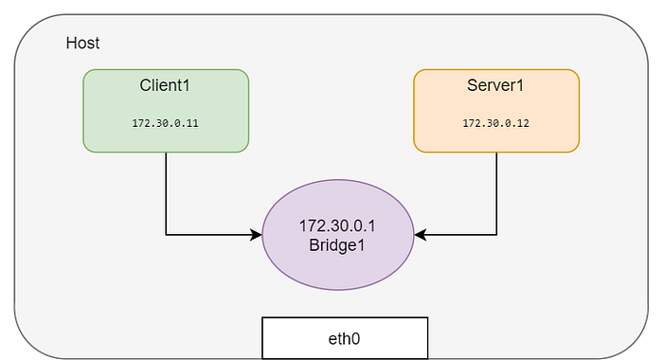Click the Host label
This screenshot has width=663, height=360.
pos(83,44)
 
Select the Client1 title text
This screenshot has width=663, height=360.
pos(165,85)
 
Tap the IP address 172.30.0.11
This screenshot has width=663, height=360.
pos(165,123)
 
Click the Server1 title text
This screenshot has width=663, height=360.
pos(495,85)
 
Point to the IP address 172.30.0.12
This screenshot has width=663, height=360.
pos(495,123)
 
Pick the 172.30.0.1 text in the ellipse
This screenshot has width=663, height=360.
pos(337,225)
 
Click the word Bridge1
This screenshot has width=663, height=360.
pos(337,245)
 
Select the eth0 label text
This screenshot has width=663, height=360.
pos(344,339)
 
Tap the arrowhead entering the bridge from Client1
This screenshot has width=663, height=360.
pos(257,234)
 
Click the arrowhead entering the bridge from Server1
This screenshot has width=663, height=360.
pos(421,234)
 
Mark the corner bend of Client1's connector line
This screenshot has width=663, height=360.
pos(166,234)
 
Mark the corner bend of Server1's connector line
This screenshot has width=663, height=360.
pos(496,234)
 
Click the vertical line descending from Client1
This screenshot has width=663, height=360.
pos(166,193)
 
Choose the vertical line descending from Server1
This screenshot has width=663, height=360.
pos(496,193)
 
